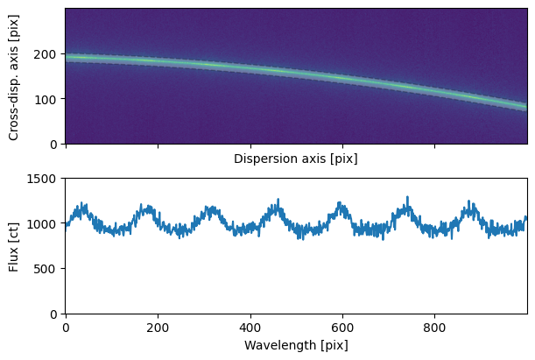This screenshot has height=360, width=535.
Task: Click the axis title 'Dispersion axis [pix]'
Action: click(x=296, y=159)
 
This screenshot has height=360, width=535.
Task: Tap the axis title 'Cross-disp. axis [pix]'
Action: click(x=14, y=76)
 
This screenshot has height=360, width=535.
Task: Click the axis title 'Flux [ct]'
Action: click(x=14, y=246)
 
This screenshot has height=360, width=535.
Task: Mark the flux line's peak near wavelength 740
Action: click(x=407, y=197)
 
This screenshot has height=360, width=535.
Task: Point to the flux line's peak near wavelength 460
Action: click(x=278, y=200)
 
